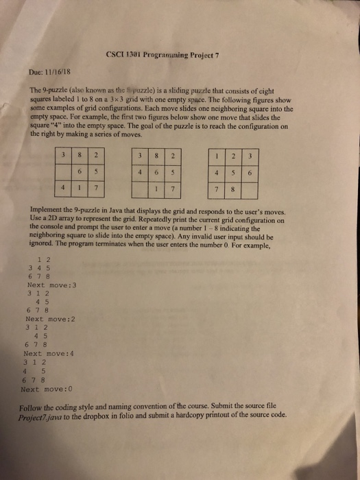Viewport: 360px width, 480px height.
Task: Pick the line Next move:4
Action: coord(48,354)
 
